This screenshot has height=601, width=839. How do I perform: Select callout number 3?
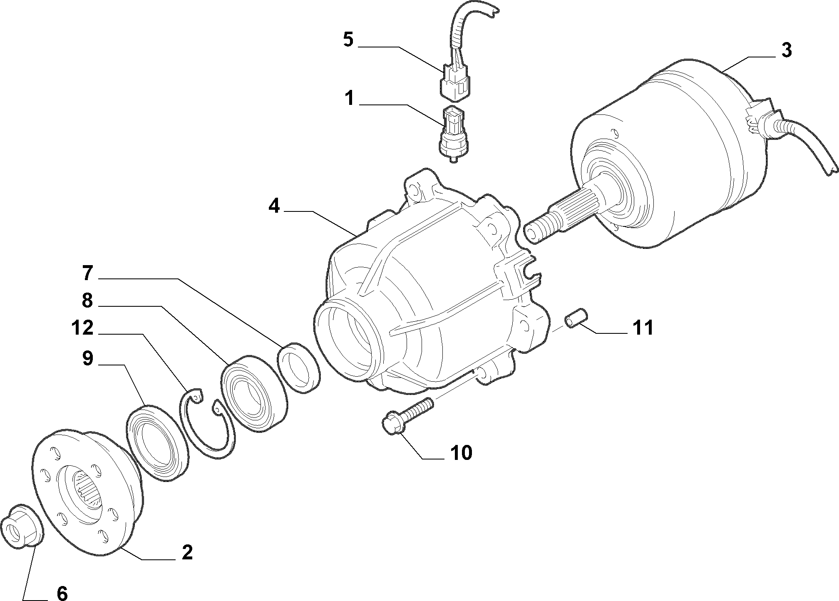click(x=786, y=50)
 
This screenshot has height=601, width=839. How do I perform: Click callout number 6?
click(x=62, y=593)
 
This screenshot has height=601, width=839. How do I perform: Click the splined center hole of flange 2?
click(x=89, y=492)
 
